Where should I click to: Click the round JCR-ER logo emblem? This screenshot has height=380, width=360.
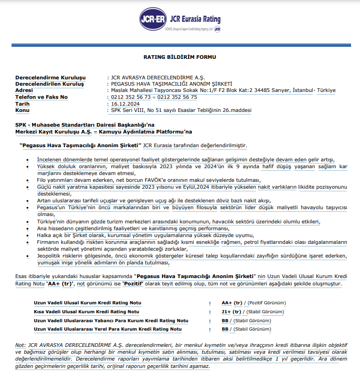pyautogui.click(x=152, y=20)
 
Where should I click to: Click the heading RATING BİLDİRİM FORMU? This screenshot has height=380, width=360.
pyautogui.click(x=179, y=56)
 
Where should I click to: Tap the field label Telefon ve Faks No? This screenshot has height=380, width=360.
pyautogui.click(x=42, y=97)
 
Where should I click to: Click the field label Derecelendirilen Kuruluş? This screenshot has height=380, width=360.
pyautogui.click(x=50, y=84)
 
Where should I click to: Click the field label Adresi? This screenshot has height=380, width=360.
pyautogui.click(x=26, y=90)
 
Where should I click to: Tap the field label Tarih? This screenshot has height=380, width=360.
pyautogui.click(x=24, y=104)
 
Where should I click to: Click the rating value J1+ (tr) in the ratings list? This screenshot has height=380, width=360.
pyautogui.click(x=231, y=311)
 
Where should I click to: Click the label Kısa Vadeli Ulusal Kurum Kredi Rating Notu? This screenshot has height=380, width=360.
pyautogui.click(x=79, y=311)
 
